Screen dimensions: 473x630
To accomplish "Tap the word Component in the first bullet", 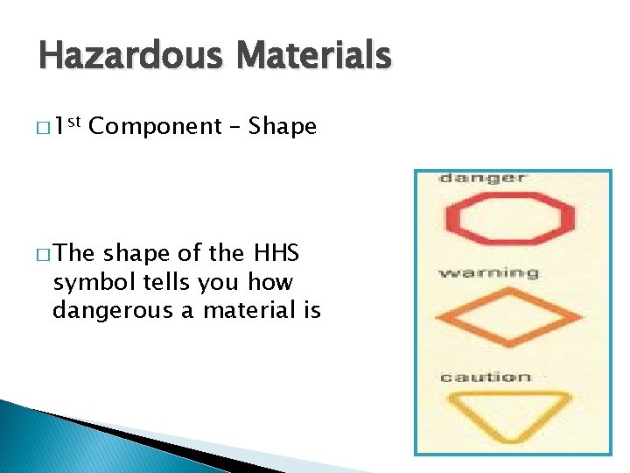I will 156,127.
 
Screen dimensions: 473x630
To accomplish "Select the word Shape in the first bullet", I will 283,127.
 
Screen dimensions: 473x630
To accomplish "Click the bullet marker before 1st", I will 43,129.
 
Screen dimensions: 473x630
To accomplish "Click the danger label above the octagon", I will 482,178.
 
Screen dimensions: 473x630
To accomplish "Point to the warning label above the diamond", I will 488,272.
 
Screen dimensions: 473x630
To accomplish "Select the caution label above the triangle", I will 485,378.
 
